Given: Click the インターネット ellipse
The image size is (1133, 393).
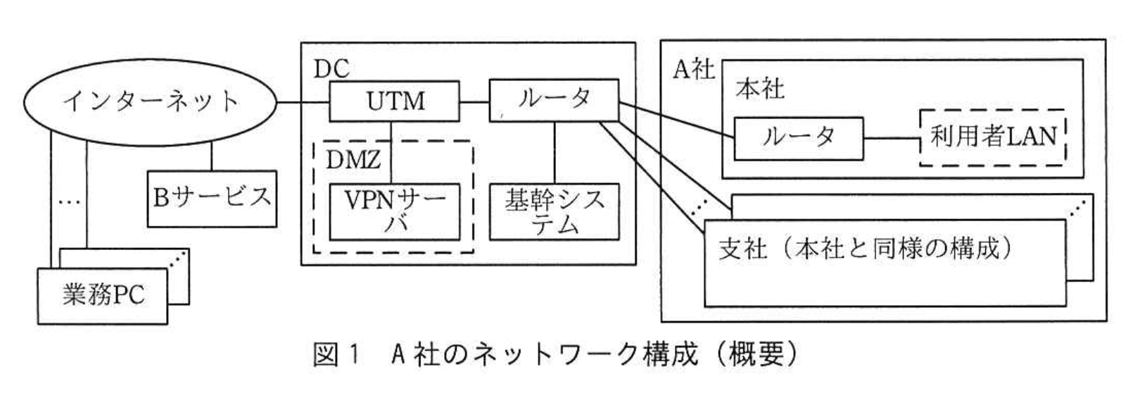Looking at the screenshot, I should point(151,102).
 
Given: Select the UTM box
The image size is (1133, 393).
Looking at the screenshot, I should point(395,101).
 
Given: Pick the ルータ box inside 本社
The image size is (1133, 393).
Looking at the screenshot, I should point(798,137).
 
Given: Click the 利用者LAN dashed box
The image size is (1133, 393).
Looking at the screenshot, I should point(993,137).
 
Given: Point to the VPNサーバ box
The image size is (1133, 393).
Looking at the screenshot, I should point(395,211).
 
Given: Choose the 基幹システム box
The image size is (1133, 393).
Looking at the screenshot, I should point(554,211).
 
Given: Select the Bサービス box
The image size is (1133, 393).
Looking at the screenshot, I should point(212,197).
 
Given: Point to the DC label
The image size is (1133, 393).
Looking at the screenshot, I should point(331,69).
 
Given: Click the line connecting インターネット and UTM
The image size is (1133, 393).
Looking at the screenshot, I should point(303,103).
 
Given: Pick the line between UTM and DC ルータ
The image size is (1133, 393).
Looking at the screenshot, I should point(474,101).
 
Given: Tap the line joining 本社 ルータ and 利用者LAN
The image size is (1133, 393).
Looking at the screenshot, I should point(892,137).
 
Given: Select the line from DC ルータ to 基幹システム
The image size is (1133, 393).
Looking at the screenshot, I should point(555,153).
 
